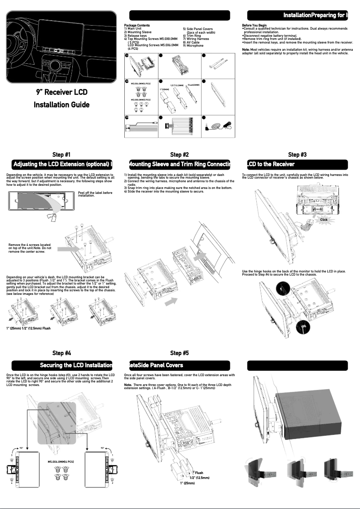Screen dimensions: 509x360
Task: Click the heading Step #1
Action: (61, 155)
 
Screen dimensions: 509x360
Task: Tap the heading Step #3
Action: (297, 155)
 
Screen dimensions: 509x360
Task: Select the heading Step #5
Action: (180, 353)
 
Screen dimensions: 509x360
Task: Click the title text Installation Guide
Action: (61, 105)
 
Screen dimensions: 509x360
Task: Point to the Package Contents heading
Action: (137, 26)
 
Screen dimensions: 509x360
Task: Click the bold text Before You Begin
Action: (254, 26)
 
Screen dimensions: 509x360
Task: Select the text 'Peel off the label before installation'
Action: (95, 194)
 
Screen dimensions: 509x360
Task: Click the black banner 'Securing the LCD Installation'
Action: (61, 365)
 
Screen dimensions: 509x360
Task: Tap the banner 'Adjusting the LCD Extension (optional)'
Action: (61, 164)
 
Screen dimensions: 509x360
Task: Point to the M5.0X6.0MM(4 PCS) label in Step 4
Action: (61, 461)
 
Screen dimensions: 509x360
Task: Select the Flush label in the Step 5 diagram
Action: (199, 473)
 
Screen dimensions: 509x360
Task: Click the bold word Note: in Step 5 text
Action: (128, 384)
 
